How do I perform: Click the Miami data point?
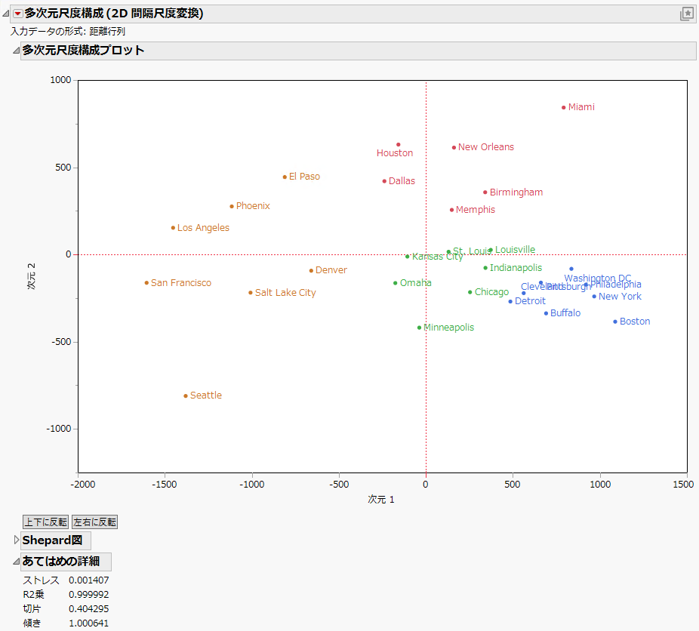(x=563, y=107)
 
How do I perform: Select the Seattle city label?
(x=205, y=396)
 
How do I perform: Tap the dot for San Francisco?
(x=146, y=283)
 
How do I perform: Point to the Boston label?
(x=634, y=322)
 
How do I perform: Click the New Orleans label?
(x=485, y=147)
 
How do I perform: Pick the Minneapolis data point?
(x=419, y=328)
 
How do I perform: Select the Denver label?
(x=331, y=270)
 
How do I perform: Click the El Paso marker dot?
(x=285, y=177)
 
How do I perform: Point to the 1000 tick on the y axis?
(x=61, y=81)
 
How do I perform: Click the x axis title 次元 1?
(x=381, y=500)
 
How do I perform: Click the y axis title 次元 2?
(x=32, y=276)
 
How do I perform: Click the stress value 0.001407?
(x=88, y=580)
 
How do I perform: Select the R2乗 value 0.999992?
(x=88, y=595)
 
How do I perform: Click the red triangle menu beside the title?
(x=17, y=14)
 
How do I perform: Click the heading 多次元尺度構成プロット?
(x=83, y=51)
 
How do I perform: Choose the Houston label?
(x=395, y=153)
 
